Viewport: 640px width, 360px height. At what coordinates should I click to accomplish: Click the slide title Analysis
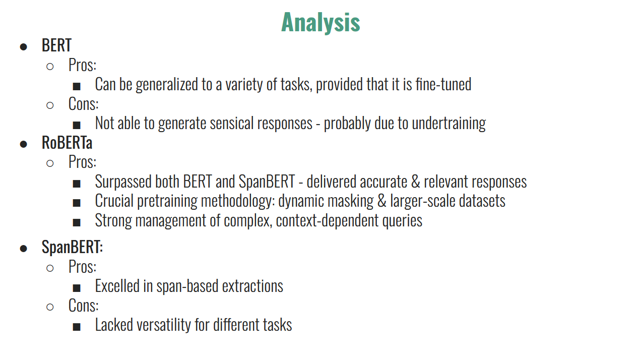[x=321, y=23]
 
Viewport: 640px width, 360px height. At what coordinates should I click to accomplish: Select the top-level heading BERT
[x=56, y=45]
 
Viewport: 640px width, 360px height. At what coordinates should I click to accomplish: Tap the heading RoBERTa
[x=67, y=143]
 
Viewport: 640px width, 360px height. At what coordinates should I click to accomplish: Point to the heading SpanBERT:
[x=72, y=247]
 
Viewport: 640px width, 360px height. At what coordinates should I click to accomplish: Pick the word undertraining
[x=449, y=124]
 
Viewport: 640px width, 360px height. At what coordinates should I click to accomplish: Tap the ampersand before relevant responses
[x=415, y=182]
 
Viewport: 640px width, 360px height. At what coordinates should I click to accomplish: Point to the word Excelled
[x=117, y=286]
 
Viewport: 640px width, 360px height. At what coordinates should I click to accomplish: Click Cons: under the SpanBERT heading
[x=84, y=306]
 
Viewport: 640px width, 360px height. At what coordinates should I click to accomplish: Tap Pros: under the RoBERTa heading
[x=82, y=162]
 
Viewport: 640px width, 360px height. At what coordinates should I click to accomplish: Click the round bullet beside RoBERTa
[x=23, y=144]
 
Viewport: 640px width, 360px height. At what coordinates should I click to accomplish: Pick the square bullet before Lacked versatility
[x=77, y=327]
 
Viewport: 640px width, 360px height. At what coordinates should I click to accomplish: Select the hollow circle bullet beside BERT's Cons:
[x=50, y=105]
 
